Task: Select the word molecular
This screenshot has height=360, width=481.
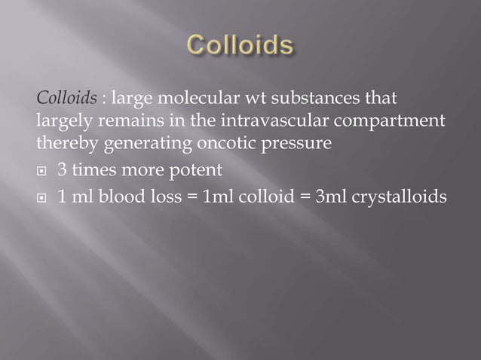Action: coord(187,99)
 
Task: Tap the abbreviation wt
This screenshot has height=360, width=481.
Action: coord(244,99)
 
